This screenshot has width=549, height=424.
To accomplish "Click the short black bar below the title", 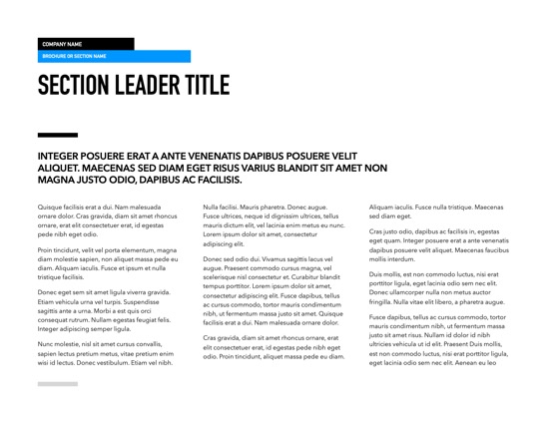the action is [56, 134].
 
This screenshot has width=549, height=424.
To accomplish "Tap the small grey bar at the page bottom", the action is [58, 383].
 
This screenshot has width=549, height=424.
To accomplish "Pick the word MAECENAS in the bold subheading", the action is [117, 169].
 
